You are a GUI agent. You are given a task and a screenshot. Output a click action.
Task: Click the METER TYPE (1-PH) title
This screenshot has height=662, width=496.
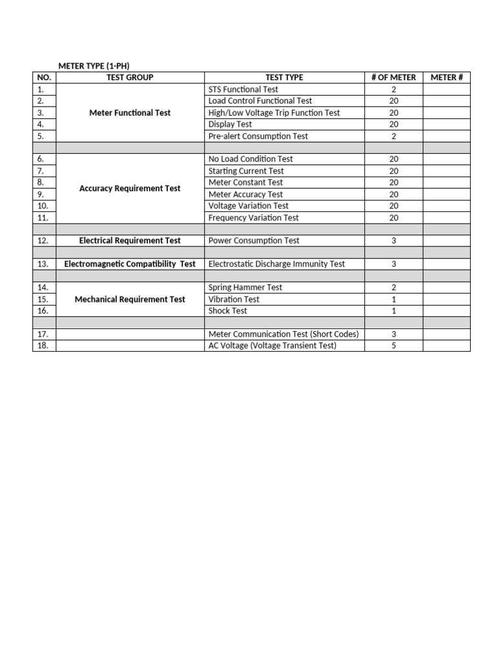point(98,66)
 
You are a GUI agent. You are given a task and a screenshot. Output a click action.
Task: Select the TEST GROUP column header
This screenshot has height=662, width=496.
point(130,78)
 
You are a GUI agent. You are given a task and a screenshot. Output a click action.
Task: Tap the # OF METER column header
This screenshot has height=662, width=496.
point(393,78)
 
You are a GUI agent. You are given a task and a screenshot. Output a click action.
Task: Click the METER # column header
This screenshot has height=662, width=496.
point(446,78)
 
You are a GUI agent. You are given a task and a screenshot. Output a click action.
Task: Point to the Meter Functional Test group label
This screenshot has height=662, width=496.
point(130,112)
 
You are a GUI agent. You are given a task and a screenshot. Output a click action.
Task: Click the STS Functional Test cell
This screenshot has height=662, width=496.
point(243,89)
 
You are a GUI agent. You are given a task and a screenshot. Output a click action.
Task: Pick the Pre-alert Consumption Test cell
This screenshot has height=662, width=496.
point(258,136)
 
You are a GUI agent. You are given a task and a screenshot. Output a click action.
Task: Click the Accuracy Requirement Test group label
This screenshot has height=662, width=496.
point(130,188)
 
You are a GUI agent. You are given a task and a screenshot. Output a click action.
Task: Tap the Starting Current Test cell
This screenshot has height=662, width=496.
point(246,171)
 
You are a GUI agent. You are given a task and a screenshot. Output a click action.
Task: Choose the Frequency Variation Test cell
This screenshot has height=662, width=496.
point(253,218)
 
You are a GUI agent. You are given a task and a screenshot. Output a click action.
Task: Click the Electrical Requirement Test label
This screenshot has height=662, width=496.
point(130,240)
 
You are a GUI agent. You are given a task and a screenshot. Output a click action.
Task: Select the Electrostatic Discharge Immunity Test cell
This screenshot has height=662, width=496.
point(276,264)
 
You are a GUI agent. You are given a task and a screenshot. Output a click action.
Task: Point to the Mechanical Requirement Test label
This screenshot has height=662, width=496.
point(130,299)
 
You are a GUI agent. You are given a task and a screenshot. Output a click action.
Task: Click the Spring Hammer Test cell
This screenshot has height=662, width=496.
point(245,287)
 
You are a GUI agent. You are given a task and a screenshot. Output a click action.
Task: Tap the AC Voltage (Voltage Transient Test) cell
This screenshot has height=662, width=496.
point(272,345)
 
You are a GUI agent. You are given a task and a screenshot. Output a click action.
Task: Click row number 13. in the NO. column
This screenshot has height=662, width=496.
point(44,264)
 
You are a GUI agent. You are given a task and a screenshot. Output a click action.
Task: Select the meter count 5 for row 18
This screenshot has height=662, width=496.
point(393,345)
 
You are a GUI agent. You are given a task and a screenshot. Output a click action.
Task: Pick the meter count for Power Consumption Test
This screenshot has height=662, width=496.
point(393,240)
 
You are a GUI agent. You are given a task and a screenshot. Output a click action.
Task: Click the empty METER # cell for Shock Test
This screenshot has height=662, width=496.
point(446,311)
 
